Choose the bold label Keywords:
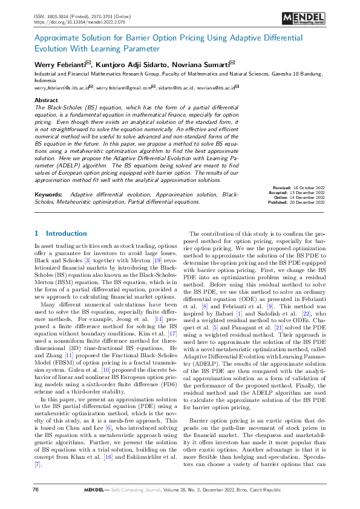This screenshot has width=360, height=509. tap(48, 195)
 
